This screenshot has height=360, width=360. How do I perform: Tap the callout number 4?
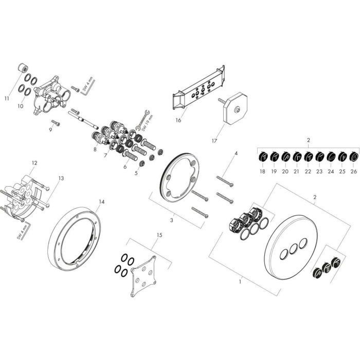tap(236, 153)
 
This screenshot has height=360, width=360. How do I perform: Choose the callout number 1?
tap(239, 282)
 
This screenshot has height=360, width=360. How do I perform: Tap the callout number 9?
tap(51, 129)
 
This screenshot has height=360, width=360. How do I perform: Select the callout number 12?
tap(34, 163)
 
